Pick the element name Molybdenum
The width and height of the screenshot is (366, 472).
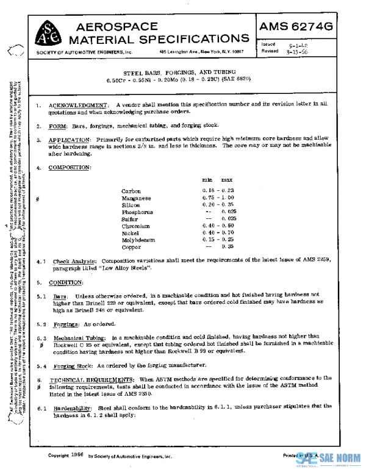coord(139,240)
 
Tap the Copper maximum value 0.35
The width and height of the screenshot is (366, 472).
coord(229,247)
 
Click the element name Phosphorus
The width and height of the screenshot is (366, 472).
coord(138,212)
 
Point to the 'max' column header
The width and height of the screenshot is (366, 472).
coord(226,180)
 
